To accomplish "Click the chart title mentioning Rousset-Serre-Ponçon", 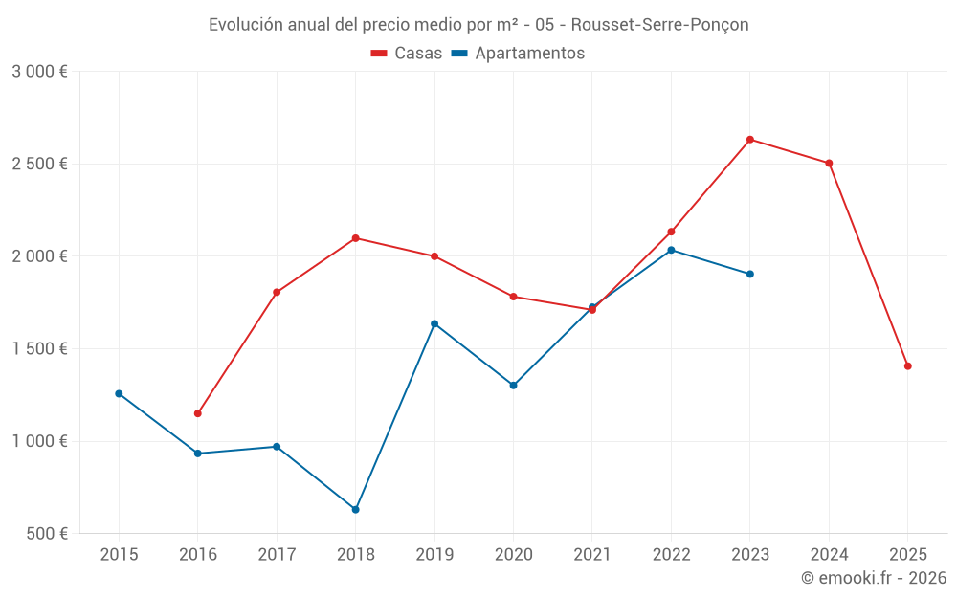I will coord(478,24).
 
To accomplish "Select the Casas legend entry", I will coord(407,54).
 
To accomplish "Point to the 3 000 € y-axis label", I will coord(39,72).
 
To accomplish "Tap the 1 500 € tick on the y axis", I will coord(39,349).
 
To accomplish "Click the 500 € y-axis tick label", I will coord(46,534).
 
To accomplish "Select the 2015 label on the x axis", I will coord(119,555).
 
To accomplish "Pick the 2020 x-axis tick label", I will coord(513,555).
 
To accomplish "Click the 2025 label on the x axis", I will coord(907,555).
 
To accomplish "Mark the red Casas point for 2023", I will coord(750,140).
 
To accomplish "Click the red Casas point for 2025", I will coord(907,366).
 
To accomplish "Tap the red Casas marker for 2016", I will coord(198,413).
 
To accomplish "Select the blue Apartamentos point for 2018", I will coord(355,510).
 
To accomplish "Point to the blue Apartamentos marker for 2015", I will coord(119,393).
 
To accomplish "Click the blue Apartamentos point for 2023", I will coord(750,274).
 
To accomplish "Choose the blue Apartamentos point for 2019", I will coord(434,323).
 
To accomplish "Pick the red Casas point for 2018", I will coord(355,238).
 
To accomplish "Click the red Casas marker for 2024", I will coord(829,163).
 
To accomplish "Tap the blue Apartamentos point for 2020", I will coord(513,386).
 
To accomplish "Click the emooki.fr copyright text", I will coord(874,578).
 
